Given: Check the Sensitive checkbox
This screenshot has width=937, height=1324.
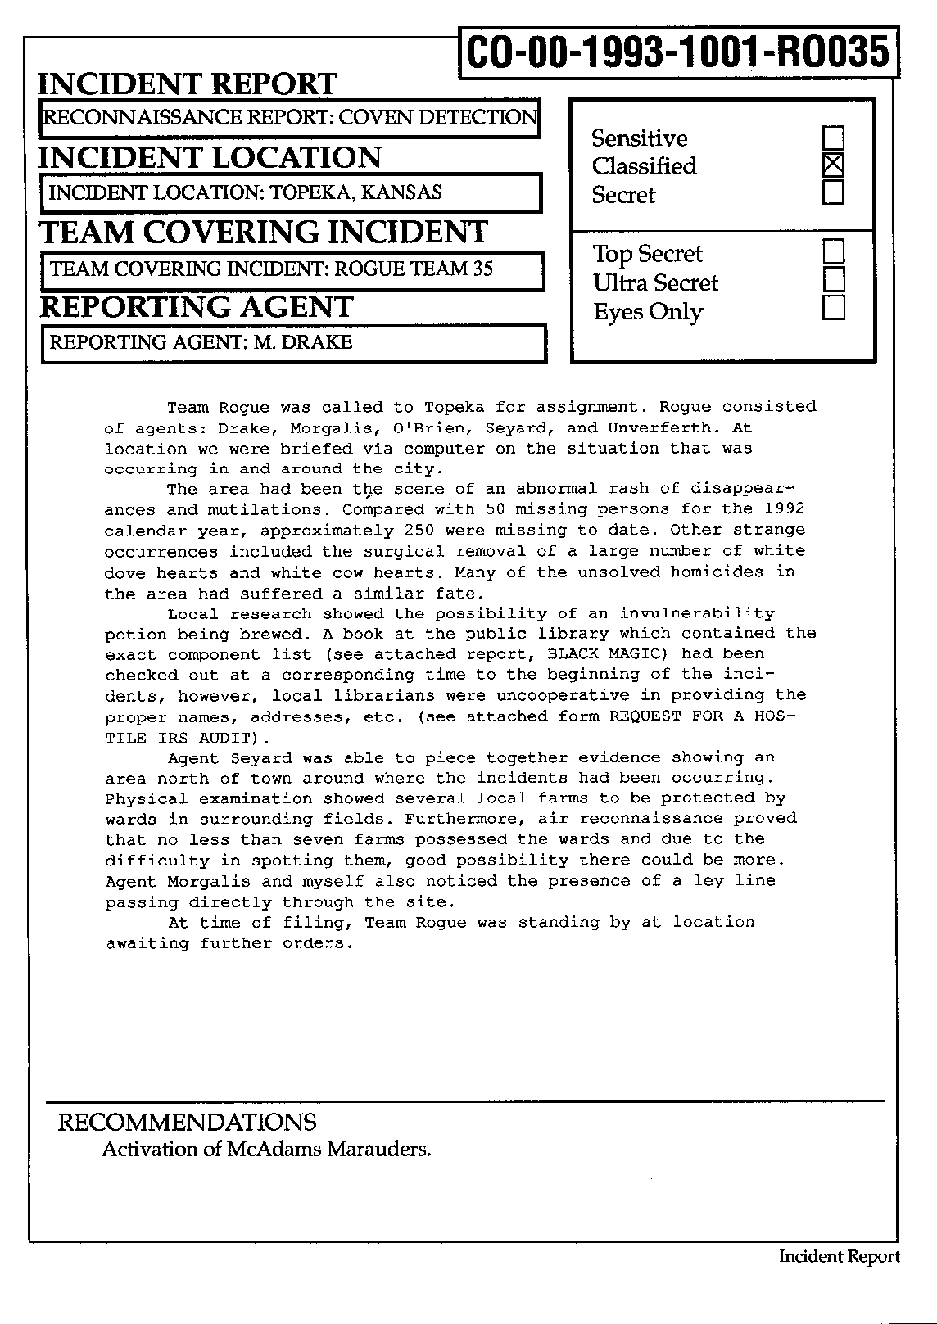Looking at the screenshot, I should (833, 138).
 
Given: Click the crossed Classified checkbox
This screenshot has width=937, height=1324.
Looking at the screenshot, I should (833, 165).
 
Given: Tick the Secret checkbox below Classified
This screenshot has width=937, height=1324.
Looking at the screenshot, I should (833, 193).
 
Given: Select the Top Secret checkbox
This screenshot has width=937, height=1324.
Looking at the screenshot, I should (833, 251).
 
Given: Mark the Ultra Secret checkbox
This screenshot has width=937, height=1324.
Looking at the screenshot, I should (833, 280).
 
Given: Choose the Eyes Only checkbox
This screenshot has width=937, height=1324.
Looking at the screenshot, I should (833, 309).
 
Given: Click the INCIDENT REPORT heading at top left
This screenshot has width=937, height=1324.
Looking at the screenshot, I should (188, 84).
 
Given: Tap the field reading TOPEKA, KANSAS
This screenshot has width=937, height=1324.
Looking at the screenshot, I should (291, 193).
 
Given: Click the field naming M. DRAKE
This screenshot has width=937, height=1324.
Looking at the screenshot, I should (293, 343).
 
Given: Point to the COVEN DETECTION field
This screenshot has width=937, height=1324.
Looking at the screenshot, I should (289, 118).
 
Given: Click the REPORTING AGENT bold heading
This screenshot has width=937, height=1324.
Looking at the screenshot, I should (197, 307).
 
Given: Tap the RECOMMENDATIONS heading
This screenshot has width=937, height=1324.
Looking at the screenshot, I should (187, 1123).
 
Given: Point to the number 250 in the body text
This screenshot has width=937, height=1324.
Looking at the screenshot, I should (419, 531).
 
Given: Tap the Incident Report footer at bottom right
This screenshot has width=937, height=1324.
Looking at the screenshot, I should (839, 1257).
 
